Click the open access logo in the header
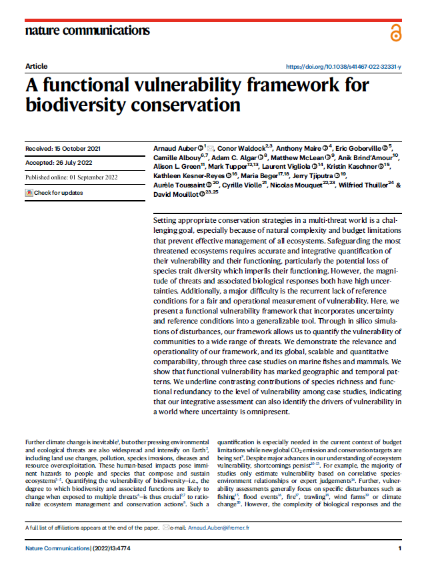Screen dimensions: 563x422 click(397, 32)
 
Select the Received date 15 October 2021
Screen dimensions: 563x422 click(63, 148)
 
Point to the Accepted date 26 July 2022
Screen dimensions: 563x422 click(59, 163)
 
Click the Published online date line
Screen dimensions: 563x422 click(71, 177)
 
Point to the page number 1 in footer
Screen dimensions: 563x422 click(399, 548)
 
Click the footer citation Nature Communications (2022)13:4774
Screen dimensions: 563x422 click(80, 548)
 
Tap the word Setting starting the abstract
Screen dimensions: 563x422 click(165, 220)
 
